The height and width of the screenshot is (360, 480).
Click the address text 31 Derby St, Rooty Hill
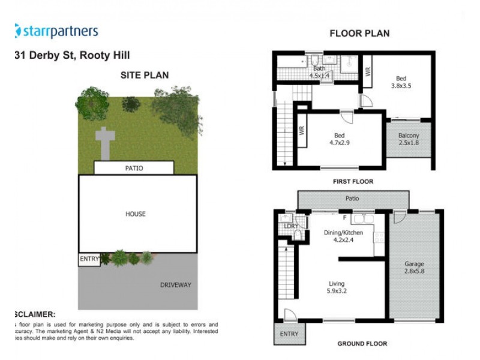[71, 55]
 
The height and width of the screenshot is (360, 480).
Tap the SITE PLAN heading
[145, 75]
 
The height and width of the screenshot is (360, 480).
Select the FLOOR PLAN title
[359, 34]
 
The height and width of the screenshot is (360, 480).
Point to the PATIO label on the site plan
[134, 169]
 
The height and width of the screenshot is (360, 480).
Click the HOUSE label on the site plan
[136, 214]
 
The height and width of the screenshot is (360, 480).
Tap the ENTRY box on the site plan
[89, 259]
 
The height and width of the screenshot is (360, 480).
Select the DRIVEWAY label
[175, 285]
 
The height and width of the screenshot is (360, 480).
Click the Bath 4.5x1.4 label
[319, 73]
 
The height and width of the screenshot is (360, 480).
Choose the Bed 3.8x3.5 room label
[401, 82]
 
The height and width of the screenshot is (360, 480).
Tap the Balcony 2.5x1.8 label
[409, 140]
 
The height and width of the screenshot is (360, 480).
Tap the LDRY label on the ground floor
[292, 226]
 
